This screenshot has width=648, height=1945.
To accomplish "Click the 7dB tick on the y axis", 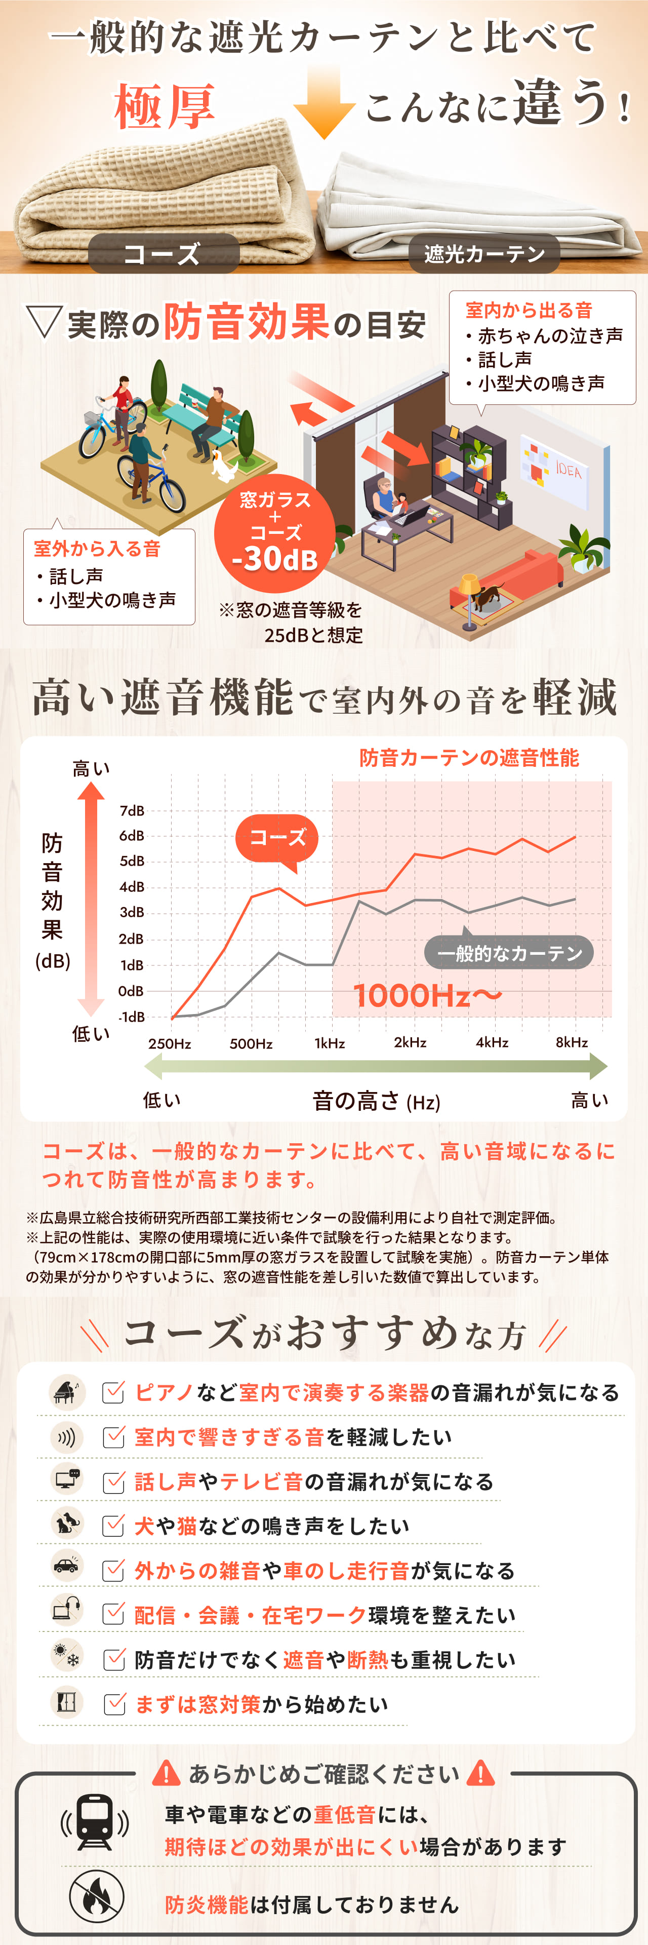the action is click(132, 810).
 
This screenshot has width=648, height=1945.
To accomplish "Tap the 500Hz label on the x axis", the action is click(251, 1043).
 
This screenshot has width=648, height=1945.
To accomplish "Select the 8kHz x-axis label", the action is click(572, 1042).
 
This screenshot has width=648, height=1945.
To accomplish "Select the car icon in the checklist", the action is click(66, 1569).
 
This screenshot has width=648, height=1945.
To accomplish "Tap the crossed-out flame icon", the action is click(97, 1896).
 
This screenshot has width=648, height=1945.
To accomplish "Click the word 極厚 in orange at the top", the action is click(165, 106).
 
